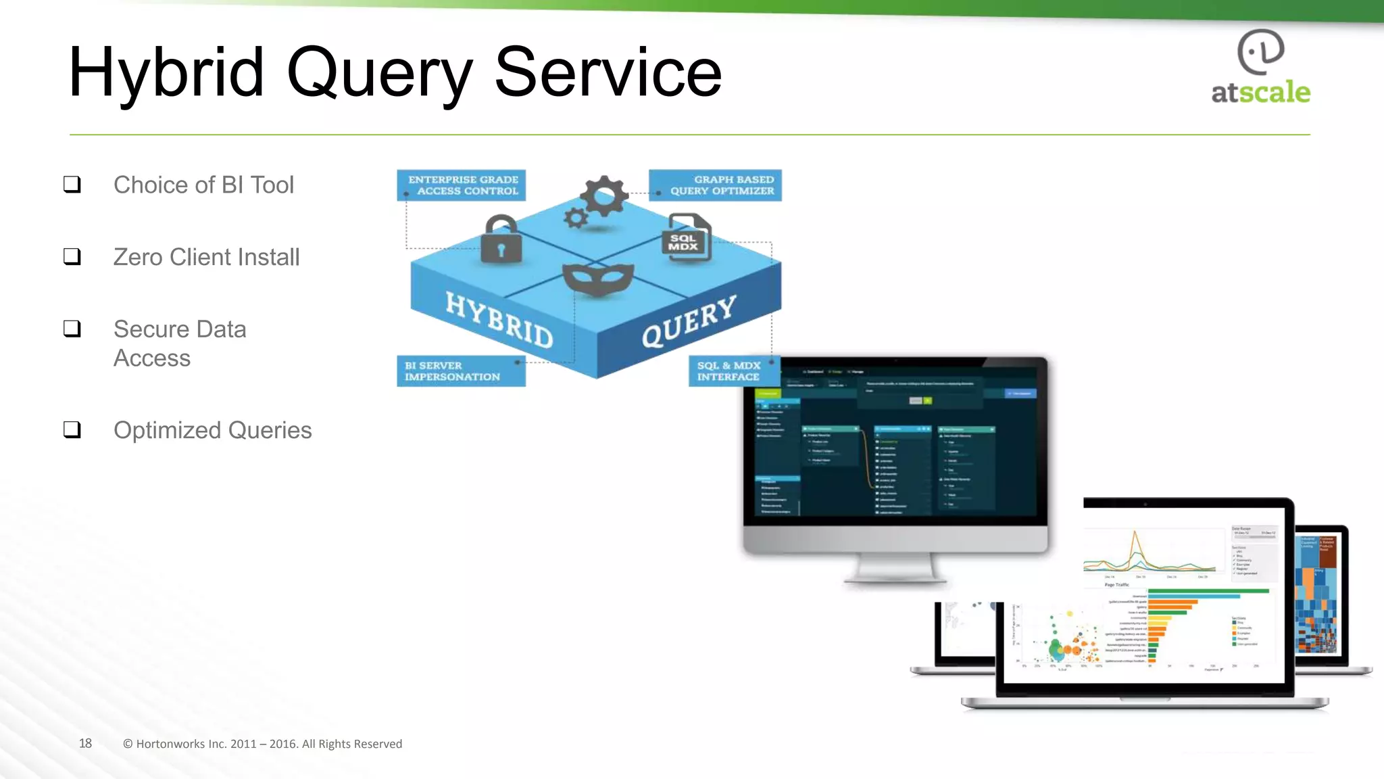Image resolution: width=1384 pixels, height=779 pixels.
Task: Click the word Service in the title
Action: pos(608,73)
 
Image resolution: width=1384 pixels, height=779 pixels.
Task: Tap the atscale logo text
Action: pos(1260,92)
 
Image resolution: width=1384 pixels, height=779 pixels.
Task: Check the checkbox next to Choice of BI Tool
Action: pos(72,185)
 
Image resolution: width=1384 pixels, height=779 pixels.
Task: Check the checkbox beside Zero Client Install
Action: pos(72,256)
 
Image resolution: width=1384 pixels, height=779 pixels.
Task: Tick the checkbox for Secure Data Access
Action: pos(72,329)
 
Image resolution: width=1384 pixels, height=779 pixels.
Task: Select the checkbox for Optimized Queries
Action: pos(72,429)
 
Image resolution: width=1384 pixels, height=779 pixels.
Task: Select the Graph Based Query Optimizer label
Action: pos(716,185)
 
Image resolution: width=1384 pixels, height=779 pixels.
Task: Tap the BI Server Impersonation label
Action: pos(461,371)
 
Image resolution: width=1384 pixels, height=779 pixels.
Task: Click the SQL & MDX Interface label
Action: pos(730,371)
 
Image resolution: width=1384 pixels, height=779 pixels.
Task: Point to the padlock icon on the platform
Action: pos(501,241)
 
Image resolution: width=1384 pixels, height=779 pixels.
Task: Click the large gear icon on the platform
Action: pos(604,195)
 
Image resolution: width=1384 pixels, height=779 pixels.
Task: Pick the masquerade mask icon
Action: pos(598,279)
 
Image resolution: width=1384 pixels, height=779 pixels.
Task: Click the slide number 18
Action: pos(85,743)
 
